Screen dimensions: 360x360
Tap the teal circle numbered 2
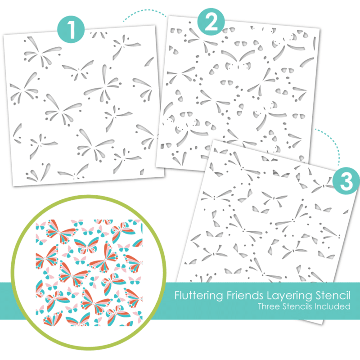[x=211, y=21]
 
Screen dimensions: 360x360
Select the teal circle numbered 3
[x=346, y=181]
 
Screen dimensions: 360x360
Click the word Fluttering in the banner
[x=199, y=296]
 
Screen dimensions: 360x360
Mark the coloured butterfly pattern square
[x=89, y=273]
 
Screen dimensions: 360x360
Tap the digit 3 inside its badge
[x=346, y=181]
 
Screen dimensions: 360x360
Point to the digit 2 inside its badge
[x=211, y=22]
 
